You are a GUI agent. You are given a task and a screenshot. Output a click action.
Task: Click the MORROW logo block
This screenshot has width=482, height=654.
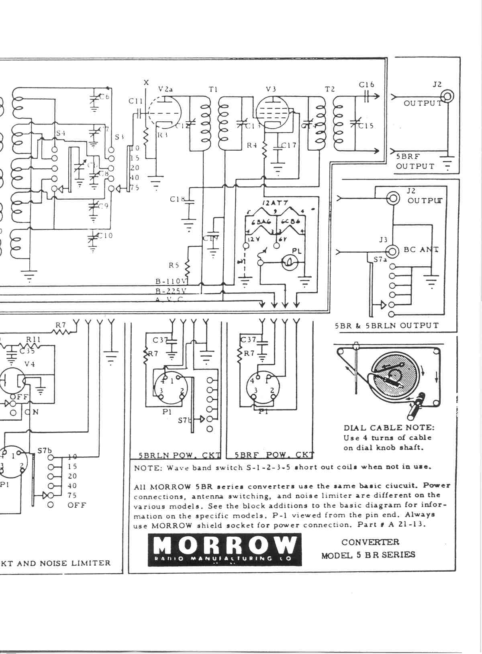pos(225,550)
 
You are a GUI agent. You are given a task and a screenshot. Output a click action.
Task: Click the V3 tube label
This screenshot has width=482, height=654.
pos(271,89)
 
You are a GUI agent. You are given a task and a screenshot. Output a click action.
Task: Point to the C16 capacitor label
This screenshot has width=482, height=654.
pos(366,84)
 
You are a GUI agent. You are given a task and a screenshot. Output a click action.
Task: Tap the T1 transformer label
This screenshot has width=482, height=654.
pos(213,89)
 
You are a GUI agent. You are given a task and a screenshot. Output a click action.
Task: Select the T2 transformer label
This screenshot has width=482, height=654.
pos(330,89)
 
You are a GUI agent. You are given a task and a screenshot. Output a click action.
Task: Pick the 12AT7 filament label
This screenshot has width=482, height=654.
pos(276,203)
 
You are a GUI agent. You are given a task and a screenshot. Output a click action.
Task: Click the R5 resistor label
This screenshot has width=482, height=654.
pos(174,266)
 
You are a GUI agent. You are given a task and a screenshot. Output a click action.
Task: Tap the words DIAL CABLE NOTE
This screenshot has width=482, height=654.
pos(389,428)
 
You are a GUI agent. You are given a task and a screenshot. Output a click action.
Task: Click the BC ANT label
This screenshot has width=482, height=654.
pos(421,250)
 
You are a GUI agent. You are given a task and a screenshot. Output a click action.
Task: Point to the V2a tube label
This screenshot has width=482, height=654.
pos(165,89)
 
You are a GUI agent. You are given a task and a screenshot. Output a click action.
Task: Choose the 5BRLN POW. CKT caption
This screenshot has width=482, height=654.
pos(180,456)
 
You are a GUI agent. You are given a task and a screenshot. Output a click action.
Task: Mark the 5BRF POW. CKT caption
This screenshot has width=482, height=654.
pos(274,456)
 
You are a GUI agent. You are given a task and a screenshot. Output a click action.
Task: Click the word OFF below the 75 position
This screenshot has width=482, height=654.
pos(77,505)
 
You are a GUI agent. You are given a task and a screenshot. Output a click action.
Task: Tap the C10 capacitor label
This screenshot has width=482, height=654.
pos(105,235)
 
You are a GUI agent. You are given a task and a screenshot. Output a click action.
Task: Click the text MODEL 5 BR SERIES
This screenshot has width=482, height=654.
pos(368,555)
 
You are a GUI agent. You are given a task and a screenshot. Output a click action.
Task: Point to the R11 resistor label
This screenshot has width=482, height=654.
pos(33,339)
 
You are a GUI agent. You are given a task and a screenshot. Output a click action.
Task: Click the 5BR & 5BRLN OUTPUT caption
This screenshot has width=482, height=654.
pos(387,326)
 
